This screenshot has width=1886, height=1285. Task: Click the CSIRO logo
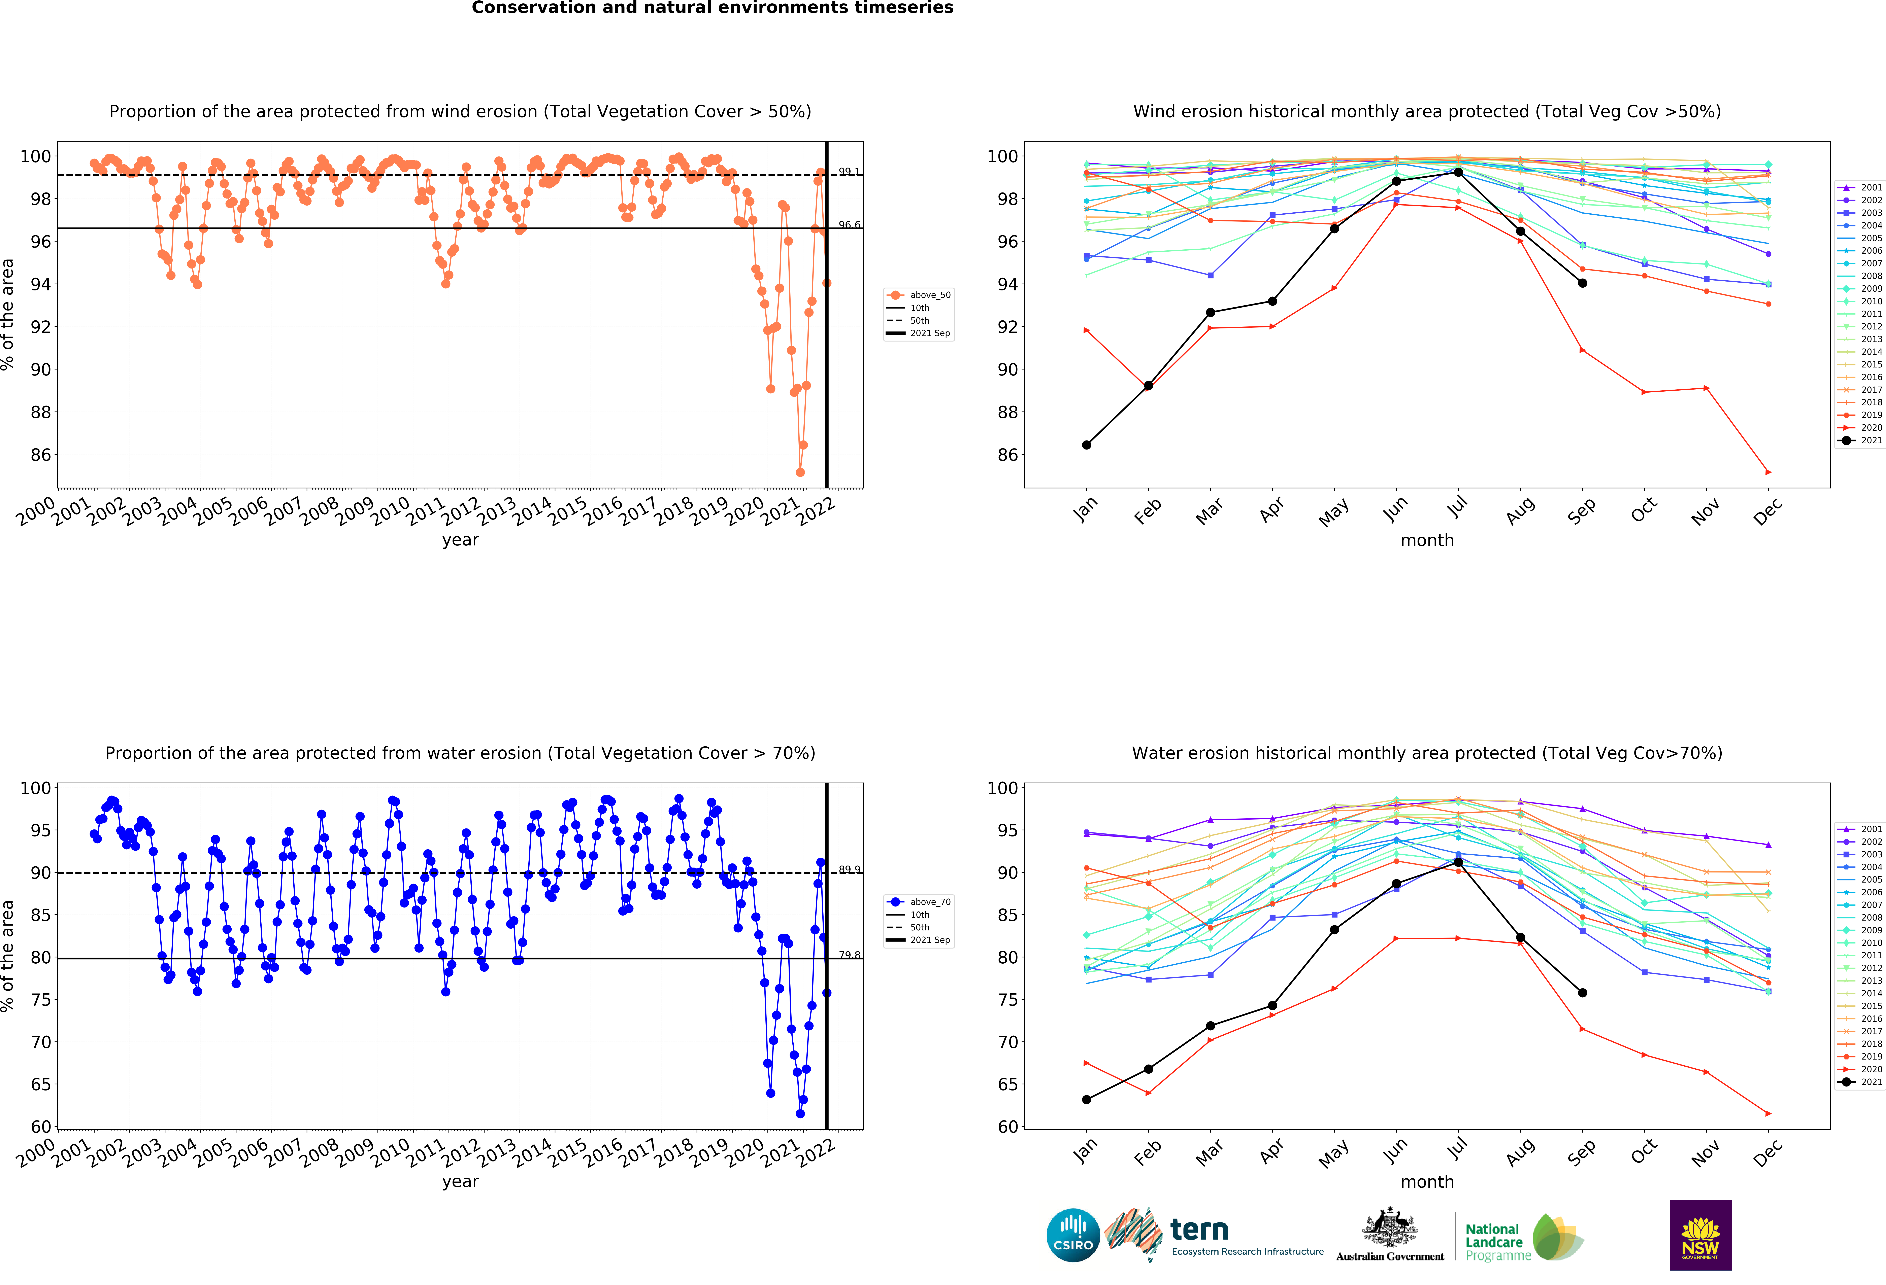click(x=1073, y=1235)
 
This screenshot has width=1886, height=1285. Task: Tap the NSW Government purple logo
click(x=1700, y=1235)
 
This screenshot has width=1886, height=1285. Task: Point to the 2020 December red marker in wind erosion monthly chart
click(x=1768, y=472)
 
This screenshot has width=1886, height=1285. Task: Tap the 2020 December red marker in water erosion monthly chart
click(x=1768, y=1114)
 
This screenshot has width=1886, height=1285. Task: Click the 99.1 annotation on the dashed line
click(x=849, y=171)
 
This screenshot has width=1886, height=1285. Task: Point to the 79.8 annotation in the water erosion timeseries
click(x=849, y=955)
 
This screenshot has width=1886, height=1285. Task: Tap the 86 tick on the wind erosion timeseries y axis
click(x=41, y=455)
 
